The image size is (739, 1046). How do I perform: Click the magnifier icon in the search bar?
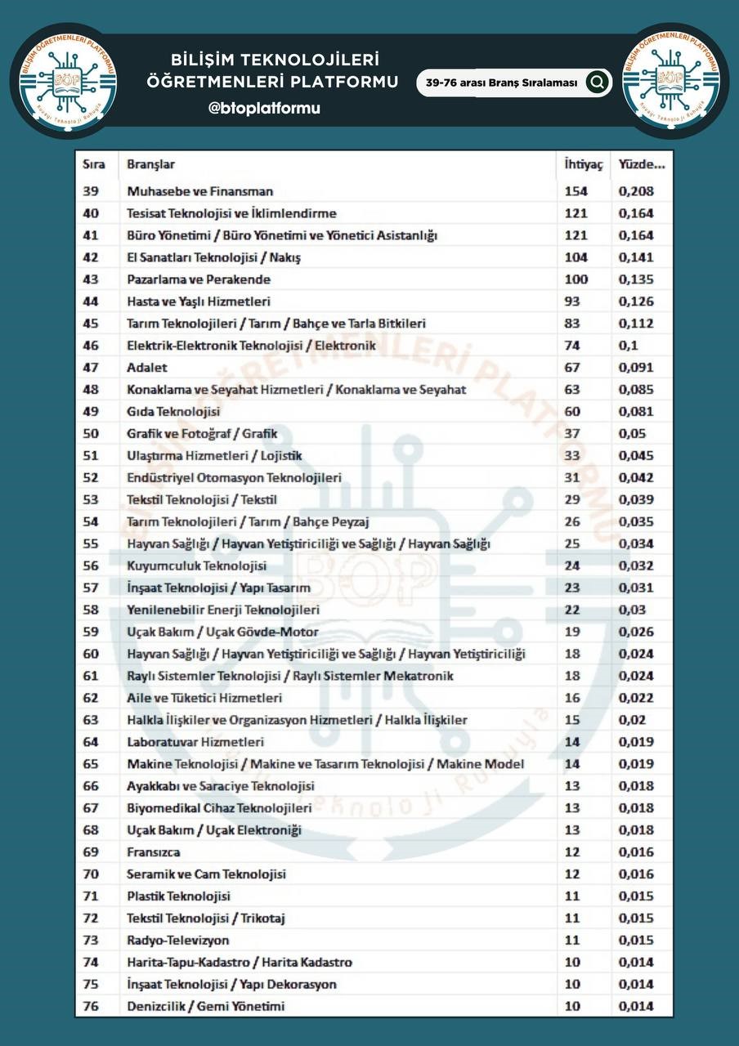[598, 83]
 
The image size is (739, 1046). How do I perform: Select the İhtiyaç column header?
[584, 164]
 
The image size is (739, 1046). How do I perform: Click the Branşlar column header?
[150, 164]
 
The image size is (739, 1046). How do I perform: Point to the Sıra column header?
[94, 164]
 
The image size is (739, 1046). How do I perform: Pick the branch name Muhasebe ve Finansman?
[199, 191]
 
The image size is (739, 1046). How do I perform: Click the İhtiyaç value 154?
[576, 191]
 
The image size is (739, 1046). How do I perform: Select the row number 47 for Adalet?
[91, 368]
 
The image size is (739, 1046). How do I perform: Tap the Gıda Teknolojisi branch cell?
[173, 412]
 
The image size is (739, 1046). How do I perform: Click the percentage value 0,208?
[636, 191]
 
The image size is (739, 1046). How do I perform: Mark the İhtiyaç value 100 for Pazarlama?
[576, 279]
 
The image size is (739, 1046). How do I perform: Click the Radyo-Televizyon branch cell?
[177, 941]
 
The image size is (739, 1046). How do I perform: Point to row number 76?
[91, 1007]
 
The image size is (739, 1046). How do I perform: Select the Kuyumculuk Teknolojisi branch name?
[196, 565]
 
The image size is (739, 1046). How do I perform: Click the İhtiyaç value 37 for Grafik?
[573, 434]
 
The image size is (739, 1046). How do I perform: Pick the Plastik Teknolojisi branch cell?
[178, 896]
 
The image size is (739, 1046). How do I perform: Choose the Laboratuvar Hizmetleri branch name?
[195, 742]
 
